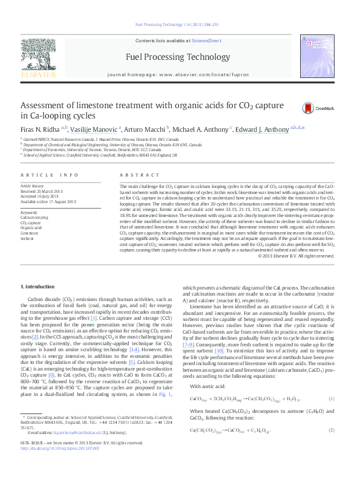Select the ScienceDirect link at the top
[206, 40]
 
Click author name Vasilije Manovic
[94, 129]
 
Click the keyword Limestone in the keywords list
[29, 232]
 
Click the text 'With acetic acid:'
[210, 386]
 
